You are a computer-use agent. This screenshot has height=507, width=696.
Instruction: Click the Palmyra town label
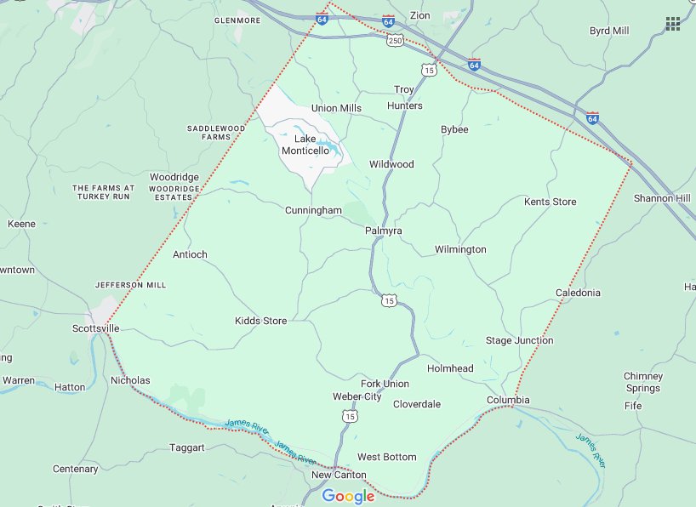click(x=383, y=231)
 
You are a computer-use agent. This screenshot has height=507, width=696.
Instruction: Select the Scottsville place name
click(x=95, y=328)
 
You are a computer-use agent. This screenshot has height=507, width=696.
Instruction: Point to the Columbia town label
click(x=508, y=400)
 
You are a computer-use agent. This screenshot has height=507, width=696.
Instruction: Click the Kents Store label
click(x=550, y=202)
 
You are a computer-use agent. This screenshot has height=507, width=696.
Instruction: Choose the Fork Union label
click(x=385, y=384)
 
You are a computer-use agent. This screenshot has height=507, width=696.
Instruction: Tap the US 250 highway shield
click(x=393, y=40)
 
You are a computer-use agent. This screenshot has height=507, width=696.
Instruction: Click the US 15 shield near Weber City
click(x=350, y=416)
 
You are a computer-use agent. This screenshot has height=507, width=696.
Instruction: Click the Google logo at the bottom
click(x=348, y=496)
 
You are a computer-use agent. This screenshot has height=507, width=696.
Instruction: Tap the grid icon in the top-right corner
click(x=673, y=24)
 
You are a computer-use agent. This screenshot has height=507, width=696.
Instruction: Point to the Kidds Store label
click(x=260, y=321)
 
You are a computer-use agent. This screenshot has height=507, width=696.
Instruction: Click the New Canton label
click(x=339, y=475)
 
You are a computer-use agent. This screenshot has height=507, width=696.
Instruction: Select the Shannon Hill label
click(x=662, y=198)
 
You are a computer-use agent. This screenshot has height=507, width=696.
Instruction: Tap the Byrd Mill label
click(x=609, y=31)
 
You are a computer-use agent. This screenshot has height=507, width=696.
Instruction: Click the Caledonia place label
click(x=578, y=293)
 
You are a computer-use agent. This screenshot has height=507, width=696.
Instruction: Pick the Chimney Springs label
click(x=642, y=382)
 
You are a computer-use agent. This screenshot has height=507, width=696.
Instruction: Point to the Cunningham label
click(x=313, y=210)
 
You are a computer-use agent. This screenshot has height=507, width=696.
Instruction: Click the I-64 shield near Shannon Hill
click(x=592, y=117)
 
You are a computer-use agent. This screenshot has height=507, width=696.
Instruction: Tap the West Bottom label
click(x=387, y=457)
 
